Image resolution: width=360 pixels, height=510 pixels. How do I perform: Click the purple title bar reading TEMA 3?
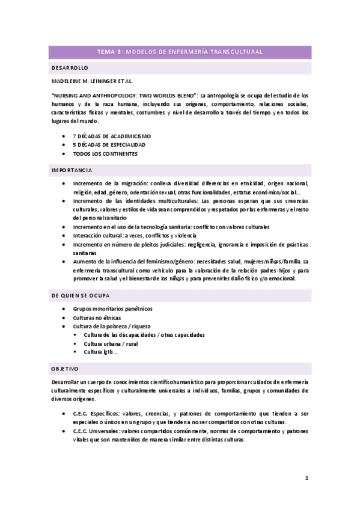[x=180, y=52]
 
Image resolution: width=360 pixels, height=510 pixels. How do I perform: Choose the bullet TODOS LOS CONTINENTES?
[x=105, y=153]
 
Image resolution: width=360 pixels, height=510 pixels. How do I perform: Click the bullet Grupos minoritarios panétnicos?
[x=112, y=309]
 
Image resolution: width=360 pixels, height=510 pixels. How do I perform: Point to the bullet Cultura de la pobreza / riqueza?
[x=111, y=326]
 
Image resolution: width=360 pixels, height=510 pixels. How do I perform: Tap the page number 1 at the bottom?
[x=307, y=478]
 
